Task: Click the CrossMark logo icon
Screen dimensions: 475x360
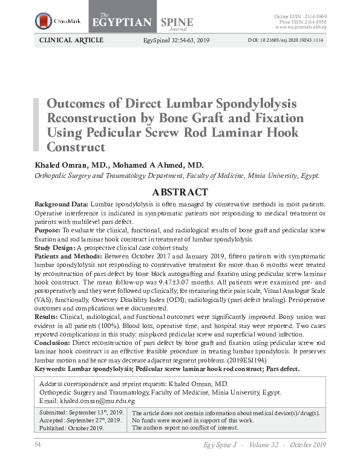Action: [x=44, y=21]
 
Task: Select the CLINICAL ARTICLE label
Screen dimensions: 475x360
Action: [x=71, y=41]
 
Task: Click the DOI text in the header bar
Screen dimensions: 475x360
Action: [x=286, y=41]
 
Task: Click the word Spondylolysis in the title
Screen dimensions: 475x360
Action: [x=261, y=102]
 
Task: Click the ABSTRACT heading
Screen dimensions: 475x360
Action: [x=180, y=192]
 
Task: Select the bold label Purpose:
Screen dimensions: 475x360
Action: [x=48, y=231]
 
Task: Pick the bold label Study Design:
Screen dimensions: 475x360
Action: [x=54, y=247]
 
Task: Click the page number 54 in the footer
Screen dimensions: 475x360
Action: [x=37, y=445]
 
